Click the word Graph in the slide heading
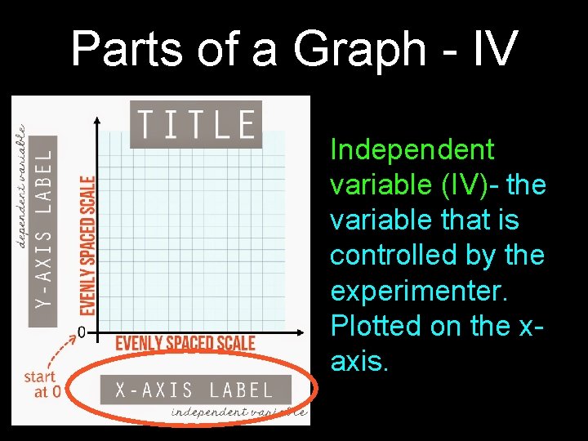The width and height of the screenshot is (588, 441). (359, 51)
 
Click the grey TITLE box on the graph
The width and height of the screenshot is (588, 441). (195, 124)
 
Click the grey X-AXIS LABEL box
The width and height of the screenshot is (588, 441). (196, 390)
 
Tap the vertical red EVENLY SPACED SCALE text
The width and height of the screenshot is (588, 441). (87, 246)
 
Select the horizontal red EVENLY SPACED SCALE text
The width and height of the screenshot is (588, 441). (185, 343)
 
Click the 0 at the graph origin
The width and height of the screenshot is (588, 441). (82, 332)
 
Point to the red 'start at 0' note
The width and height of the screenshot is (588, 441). (40, 384)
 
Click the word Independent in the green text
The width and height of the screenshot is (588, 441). (412, 150)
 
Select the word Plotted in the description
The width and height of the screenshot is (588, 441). (371, 326)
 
